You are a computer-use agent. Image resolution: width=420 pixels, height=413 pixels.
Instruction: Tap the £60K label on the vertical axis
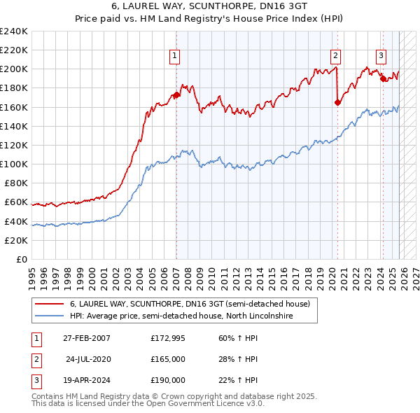15,202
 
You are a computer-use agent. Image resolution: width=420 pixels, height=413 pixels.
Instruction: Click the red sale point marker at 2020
337,102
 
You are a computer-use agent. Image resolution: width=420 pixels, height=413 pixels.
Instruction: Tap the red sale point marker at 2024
383,79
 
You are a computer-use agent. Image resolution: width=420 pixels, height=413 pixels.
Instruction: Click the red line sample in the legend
50,304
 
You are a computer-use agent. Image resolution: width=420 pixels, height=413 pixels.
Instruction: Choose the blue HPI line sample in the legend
50,316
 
